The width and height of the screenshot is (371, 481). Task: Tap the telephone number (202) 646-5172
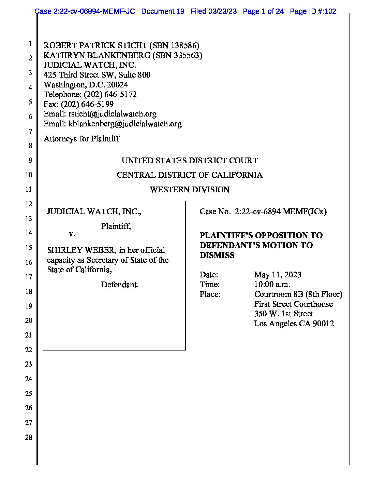[x=110, y=94]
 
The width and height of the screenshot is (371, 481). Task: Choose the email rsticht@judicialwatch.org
[x=112, y=114]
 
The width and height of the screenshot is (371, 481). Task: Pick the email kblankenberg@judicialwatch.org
[x=125, y=124]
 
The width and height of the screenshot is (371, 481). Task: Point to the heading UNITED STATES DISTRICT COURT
[x=190, y=161]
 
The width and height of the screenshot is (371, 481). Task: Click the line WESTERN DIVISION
[x=190, y=190]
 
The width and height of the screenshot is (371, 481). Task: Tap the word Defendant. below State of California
[x=120, y=285]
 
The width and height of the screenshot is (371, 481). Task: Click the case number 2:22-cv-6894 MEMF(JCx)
[x=281, y=212]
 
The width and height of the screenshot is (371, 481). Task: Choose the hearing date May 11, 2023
[x=278, y=275]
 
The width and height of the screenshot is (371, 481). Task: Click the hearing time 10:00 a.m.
[x=272, y=284]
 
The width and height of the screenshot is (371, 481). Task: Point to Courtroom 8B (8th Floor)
[x=298, y=294]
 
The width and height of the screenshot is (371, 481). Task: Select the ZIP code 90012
[x=323, y=324]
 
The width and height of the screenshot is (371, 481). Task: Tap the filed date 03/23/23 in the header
[x=223, y=11]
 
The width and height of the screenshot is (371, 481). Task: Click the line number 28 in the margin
[x=29, y=437]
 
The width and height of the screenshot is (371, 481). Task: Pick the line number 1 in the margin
[x=30, y=44]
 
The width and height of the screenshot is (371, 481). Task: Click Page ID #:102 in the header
[x=313, y=11]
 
